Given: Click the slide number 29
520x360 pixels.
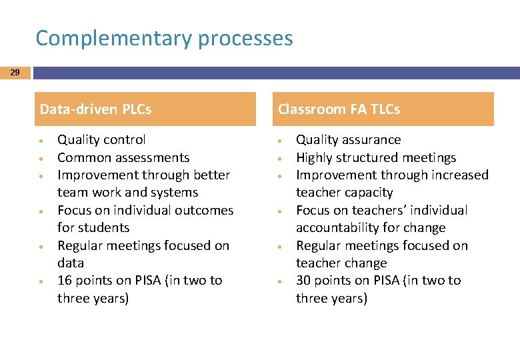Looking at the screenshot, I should click(15, 72).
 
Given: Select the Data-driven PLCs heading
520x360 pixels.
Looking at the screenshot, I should click(96, 109).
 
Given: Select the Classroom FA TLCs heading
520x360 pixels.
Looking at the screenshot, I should click(339, 109).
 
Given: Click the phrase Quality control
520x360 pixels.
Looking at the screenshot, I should click(101, 140).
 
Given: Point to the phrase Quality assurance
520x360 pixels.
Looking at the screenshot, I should click(349, 140).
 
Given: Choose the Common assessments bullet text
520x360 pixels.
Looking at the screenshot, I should click(123, 158).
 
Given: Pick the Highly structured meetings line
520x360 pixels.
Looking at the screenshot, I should click(376, 158).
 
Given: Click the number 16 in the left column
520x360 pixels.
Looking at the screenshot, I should click(65, 281).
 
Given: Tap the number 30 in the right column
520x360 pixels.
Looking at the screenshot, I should click(304, 281).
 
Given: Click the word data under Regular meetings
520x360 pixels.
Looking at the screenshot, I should click(71, 263).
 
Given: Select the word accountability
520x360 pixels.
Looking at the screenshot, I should click(339, 228).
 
